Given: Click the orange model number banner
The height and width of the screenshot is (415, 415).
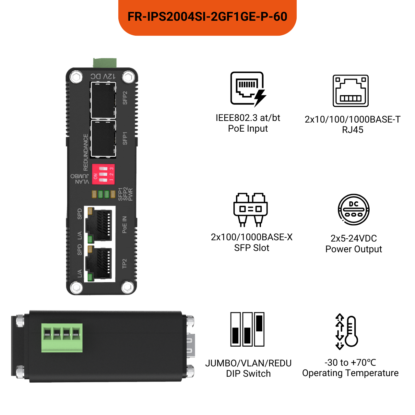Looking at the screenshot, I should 207,17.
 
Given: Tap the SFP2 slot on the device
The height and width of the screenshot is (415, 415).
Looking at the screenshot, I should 103,100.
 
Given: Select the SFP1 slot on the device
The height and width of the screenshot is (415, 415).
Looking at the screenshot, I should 103,138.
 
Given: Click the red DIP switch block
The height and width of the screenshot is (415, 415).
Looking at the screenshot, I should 103,174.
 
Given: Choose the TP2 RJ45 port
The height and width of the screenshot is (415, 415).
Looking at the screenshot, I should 99,263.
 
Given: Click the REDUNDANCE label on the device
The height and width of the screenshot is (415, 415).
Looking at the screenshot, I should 86,152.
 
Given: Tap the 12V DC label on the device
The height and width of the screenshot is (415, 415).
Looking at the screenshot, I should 103,76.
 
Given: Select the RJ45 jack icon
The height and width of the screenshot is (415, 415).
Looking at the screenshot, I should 350,91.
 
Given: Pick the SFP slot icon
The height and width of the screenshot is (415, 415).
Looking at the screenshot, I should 250,209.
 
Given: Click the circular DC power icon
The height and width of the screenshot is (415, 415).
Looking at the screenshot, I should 353,209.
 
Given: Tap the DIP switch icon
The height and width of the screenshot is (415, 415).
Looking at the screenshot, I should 247,329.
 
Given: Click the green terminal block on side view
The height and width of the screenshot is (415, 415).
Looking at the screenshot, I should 62,338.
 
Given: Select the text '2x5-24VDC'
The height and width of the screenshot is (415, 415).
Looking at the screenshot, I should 353,239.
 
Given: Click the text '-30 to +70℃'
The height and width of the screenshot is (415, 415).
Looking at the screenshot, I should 350,362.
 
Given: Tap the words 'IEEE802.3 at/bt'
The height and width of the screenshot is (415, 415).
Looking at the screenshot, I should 248,118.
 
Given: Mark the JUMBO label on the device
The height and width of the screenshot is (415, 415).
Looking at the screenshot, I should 80,176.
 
